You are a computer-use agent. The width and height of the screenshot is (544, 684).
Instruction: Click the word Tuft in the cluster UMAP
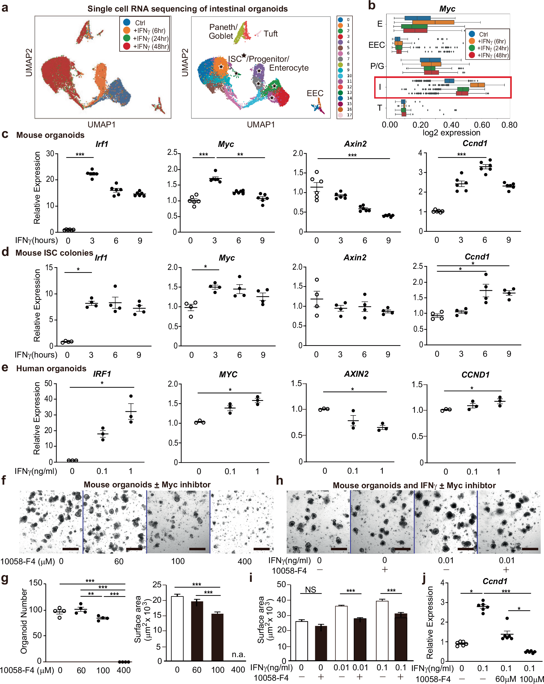(x=270, y=34)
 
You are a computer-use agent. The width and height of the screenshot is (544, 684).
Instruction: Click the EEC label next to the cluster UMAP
(x=315, y=93)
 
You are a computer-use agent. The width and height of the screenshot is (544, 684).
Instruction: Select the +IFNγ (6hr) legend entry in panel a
(x=149, y=31)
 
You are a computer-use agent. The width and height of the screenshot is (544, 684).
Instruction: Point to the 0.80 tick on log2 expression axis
(x=509, y=125)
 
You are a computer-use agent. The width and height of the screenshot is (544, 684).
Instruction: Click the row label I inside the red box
(x=380, y=87)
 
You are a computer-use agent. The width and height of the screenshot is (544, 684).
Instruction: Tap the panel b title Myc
(x=447, y=9)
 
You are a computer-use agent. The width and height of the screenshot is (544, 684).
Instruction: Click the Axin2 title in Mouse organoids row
(x=355, y=144)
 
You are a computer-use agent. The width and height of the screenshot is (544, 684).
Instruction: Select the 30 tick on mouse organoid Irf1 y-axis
(x=50, y=154)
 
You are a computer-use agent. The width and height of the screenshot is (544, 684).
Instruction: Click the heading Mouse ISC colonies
(x=54, y=253)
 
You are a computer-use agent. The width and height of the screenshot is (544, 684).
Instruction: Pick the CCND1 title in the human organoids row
(x=475, y=375)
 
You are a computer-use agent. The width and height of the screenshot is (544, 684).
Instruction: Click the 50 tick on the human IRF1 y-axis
(x=49, y=384)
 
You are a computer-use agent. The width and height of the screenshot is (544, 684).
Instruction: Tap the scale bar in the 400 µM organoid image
(x=261, y=549)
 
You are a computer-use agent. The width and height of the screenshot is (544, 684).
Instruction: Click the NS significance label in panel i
(x=310, y=590)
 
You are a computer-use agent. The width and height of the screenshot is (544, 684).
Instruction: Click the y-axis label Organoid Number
(x=24, y=621)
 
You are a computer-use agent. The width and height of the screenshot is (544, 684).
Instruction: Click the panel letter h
(x=279, y=481)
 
